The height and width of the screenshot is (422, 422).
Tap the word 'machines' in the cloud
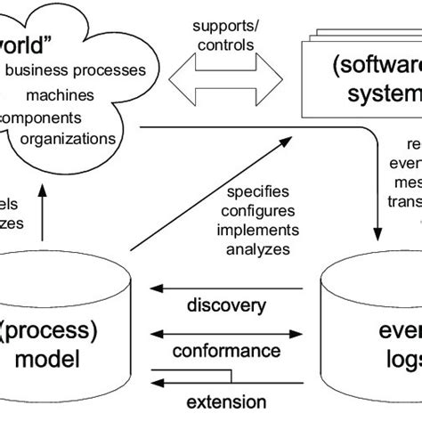click(x=59, y=94)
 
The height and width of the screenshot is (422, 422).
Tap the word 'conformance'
click(x=226, y=353)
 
